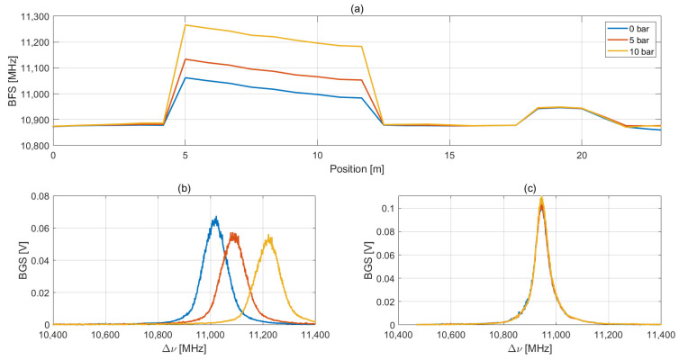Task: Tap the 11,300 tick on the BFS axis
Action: tap(30, 16)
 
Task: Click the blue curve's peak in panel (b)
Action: tap(215, 217)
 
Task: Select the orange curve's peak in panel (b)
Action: tap(233, 234)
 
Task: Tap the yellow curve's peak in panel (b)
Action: tap(268, 237)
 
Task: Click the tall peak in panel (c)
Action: tap(541, 199)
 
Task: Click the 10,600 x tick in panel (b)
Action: tap(106, 335)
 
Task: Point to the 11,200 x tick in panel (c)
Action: tap(609, 335)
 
